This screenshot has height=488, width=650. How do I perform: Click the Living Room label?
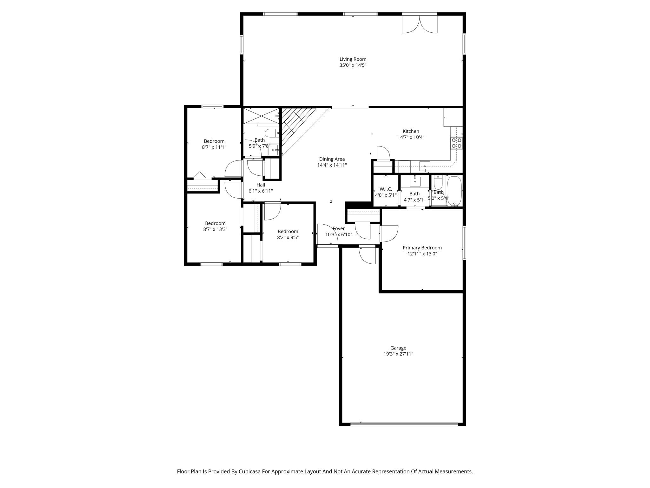pyautogui.click(x=353, y=59)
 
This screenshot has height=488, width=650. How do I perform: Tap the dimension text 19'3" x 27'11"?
pyautogui.click(x=398, y=354)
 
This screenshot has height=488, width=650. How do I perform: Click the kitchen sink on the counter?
pyautogui.click(x=424, y=166)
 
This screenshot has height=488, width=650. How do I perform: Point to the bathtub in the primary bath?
pyautogui.click(x=454, y=191)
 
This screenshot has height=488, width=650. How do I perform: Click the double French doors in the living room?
pyautogui.click(x=420, y=24)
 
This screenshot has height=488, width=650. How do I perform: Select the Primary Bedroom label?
pyautogui.click(x=422, y=248)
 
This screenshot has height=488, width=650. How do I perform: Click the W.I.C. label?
pyautogui.click(x=386, y=189)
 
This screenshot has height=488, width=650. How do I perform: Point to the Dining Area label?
pyautogui.click(x=332, y=159)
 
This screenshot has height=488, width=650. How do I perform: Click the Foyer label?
pyautogui.click(x=338, y=228)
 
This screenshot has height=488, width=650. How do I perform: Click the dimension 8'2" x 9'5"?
pyautogui.click(x=288, y=237)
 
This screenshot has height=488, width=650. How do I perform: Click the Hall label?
pyautogui.click(x=261, y=185)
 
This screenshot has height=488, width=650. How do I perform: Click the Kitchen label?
pyautogui.click(x=411, y=131)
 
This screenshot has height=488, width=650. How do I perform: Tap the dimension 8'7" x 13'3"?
pyautogui.click(x=215, y=229)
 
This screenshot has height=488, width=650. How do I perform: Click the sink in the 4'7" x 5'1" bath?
pyautogui.click(x=415, y=181)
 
